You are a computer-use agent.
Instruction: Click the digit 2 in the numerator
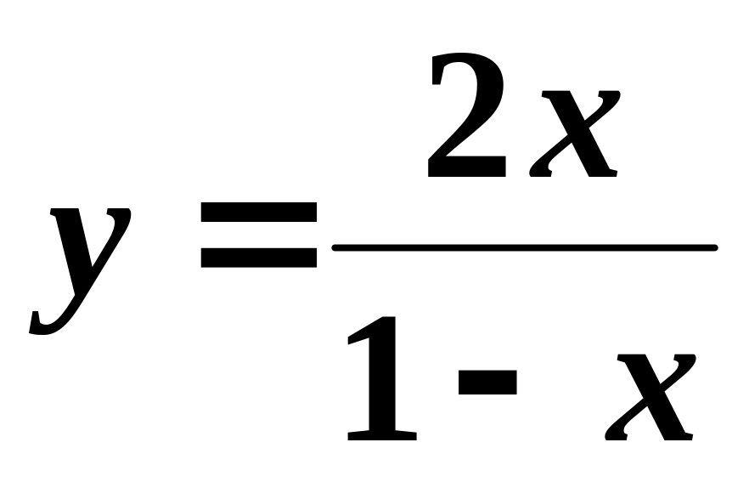tap(467, 119)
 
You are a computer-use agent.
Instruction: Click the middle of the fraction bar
tap(525, 247)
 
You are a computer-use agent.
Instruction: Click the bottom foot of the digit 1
tap(383, 435)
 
